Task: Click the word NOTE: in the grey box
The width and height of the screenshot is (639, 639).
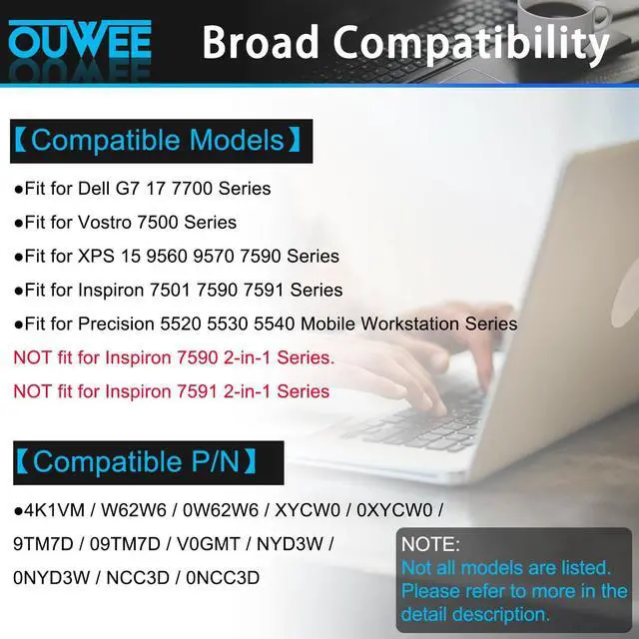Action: [430, 545]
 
